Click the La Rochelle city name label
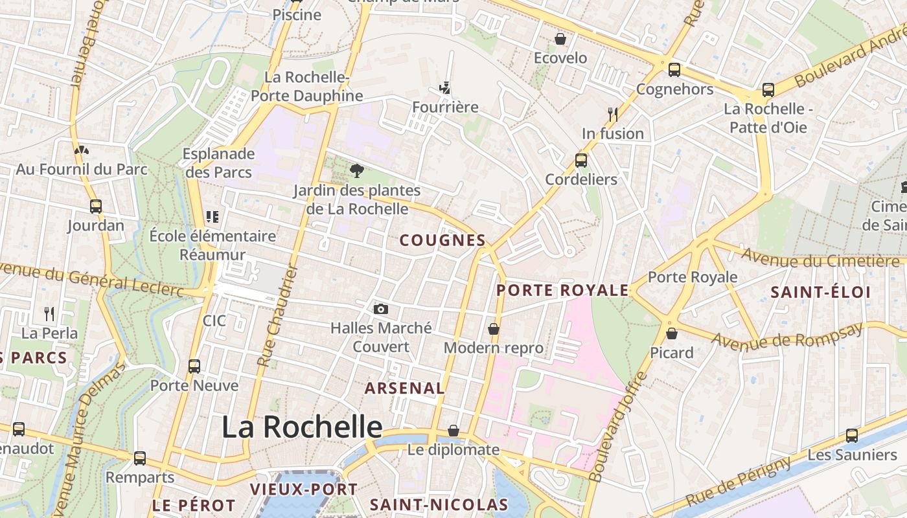pyautogui.click(x=302, y=427)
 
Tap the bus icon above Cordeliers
pyautogui.click(x=581, y=160)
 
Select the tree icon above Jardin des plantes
pyautogui.click(x=356, y=171)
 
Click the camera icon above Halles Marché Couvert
pyautogui.click(x=381, y=309)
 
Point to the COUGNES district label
pyautogui.click(x=442, y=240)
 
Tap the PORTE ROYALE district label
pyautogui.click(x=562, y=290)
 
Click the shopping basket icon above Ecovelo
pyautogui.click(x=560, y=39)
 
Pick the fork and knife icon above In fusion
pyautogui.click(x=612, y=115)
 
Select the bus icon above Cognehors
pyautogui.click(x=674, y=70)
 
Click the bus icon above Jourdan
pyautogui.click(x=96, y=207)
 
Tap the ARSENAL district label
pyautogui.click(x=404, y=388)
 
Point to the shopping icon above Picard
pyautogui.click(x=672, y=333)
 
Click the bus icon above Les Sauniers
pyautogui.click(x=851, y=436)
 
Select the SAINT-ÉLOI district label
pyautogui.click(x=820, y=292)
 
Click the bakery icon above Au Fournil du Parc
pyautogui.click(x=82, y=150)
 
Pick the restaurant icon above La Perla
pyautogui.click(x=49, y=314)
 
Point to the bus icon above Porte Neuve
pyautogui.click(x=194, y=366)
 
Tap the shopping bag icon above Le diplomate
pyautogui.click(x=454, y=431)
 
